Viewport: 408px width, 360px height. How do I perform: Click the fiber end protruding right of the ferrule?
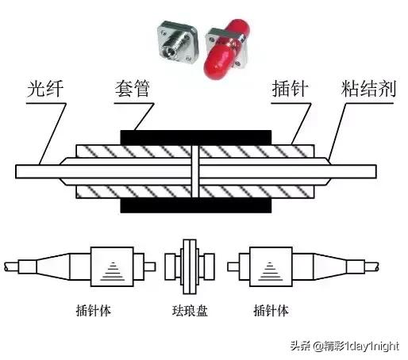coord(357,171)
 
